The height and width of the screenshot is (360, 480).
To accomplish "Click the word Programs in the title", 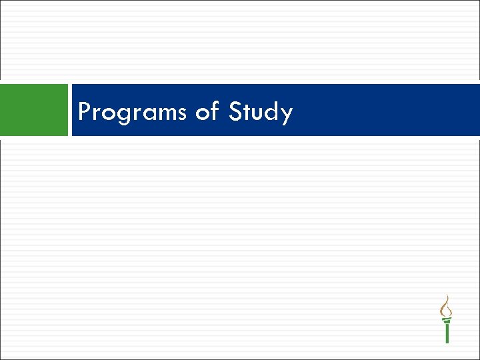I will (132, 112).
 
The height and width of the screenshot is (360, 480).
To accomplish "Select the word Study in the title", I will (261, 112).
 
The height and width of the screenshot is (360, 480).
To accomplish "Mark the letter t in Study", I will (247, 111).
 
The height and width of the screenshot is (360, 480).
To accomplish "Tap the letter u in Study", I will (257, 113).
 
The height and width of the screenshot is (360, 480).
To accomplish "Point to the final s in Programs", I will (182, 113).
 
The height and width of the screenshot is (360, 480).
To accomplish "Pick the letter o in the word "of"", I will (201, 113).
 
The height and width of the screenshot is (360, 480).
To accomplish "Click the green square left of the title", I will (34, 110).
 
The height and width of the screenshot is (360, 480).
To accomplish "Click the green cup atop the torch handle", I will (447, 320).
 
